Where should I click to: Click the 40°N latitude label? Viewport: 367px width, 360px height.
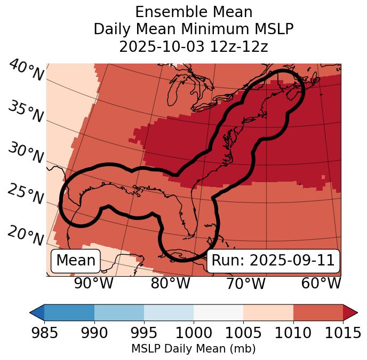pyautogui.click(x=26, y=71)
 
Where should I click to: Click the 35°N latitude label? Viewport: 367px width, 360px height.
pyautogui.click(x=25, y=112)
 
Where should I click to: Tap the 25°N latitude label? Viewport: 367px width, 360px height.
pyautogui.click(x=25, y=194)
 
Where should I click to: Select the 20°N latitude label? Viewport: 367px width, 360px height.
pyautogui.click(x=25, y=235)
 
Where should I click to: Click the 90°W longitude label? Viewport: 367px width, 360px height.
pyautogui.click(x=94, y=284)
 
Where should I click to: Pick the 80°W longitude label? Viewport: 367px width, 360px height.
pyautogui.click(x=170, y=284)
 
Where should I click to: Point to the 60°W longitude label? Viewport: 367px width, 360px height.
pyautogui.click(x=321, y=284)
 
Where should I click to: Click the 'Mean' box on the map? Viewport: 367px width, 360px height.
pyautogui.click(x=76, y=261)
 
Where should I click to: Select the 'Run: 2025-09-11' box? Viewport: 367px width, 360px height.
pyautogui.click(x=273, y=261)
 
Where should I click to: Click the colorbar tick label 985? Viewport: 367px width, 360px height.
pyautogui.click(x=44, y=333)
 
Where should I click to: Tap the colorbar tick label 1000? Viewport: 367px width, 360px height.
pyautogui.click(x=194, y=333)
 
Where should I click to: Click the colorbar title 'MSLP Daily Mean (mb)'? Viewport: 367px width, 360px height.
pyautogui.click(x=193, y=349)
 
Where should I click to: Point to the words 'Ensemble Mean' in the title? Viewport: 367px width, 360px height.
pyautogui.click(x=193, y=12)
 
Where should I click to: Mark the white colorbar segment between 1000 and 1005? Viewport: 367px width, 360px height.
pyautogui.click(x=218, y=312)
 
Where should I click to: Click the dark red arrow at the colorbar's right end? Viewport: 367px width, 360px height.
pyautogui.click(x=350, y=312)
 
